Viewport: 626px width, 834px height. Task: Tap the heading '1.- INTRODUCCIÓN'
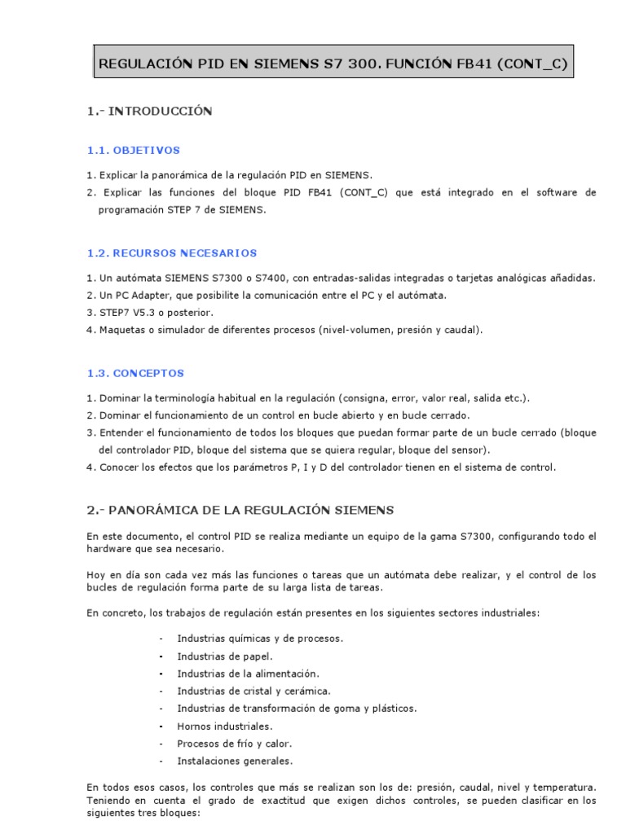click(149, 112)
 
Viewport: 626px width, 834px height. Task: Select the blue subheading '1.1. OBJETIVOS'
click(134, 151)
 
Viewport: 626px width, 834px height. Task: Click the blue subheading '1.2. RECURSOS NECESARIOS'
click(172, 253)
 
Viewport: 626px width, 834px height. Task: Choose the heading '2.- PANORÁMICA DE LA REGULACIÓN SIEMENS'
click(240, 511)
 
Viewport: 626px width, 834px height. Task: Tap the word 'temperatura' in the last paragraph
click(567, 788)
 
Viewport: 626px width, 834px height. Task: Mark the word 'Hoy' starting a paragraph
click(95, 575)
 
